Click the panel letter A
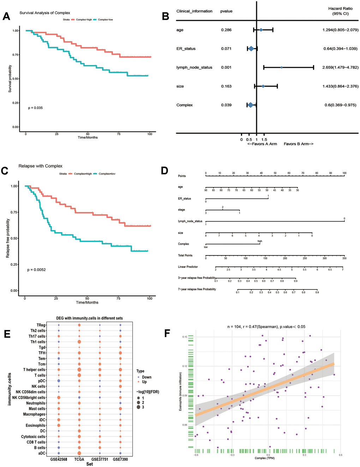(x=6, y=16)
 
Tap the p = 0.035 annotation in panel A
(x=35, y=108)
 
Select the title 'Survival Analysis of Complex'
(x=45, y=13)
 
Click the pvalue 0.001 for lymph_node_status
(x=226, y=67)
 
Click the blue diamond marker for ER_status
(x=251, y=49)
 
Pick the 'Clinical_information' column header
(x=194, y=11)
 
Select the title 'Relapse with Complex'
(x=41, y=166)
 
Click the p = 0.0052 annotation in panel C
(x=37, y=270)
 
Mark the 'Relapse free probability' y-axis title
(x=8, y=238)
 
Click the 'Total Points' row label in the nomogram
(x=185, y=255)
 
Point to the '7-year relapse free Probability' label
(x=197, y=289)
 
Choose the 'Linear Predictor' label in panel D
(x=188, y=267)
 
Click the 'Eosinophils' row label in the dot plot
(x=36, y=425)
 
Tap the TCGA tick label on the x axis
(x=79, y=459)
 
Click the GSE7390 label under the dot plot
(x=120, y=459)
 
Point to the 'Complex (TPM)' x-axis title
(x=265, y=458)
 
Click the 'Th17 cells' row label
(x=37, y=336)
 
